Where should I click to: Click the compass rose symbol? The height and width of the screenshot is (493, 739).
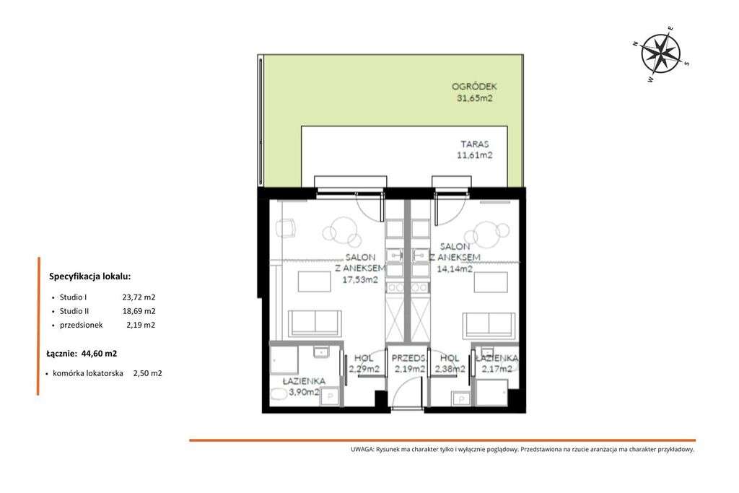tap(662, 52)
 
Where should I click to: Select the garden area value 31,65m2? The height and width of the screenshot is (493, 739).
tap(473, 99)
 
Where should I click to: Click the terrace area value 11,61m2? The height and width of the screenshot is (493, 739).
tap(473, 154)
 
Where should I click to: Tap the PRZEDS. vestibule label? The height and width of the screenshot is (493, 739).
tap(408, 357)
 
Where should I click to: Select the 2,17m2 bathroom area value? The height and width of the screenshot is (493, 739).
tap(497, 369)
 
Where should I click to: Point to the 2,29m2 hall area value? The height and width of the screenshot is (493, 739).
tap(364, 369)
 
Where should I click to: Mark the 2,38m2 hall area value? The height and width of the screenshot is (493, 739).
tap(450, 369)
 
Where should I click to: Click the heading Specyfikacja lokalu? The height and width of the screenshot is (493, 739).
tap(90, 276)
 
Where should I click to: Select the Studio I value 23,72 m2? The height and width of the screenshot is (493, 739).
tap(139, 297)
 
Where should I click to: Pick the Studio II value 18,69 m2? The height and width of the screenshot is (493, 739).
tap(139, 311)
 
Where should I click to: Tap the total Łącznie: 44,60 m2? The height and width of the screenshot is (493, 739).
tap(81, 354)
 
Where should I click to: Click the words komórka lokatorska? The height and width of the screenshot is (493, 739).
tap(87, 373)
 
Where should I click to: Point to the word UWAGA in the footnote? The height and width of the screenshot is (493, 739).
tap(361, 450)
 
